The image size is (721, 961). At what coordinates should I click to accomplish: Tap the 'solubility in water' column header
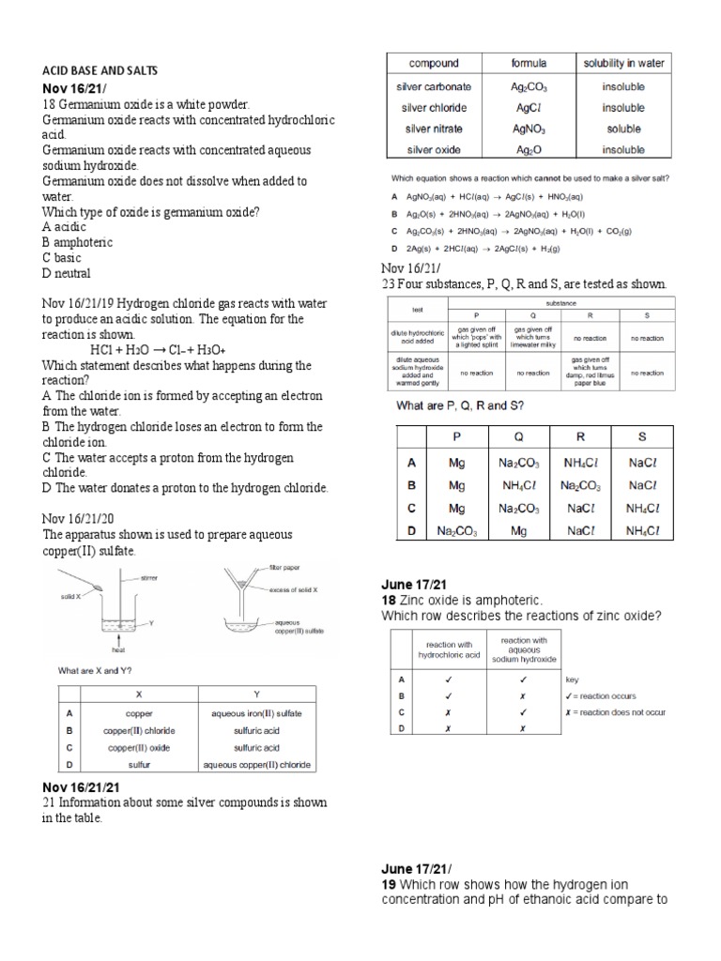point(623,64)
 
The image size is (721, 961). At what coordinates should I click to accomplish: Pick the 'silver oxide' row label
point(433,149)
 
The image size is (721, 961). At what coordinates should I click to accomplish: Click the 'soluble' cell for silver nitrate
point(623,129)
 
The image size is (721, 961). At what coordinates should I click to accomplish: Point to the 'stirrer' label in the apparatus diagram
point(149,579)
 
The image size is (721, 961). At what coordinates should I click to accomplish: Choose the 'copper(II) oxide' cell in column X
point(138,748)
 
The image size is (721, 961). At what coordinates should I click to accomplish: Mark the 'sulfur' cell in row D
point(138,766)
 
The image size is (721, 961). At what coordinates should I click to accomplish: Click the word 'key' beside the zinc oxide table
point(572,679)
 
